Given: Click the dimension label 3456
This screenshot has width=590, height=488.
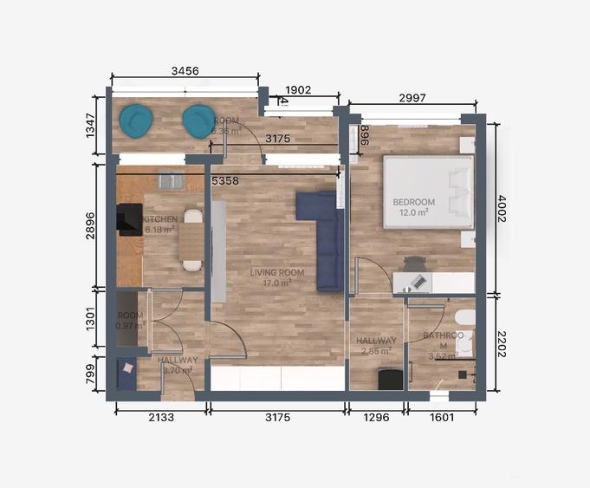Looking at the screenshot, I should (x=185, y=70).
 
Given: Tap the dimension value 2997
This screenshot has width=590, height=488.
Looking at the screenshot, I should (x=412, y=98).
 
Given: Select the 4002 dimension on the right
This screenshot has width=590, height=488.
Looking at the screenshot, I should (x=501, y=209).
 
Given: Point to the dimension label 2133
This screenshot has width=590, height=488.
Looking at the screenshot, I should (x=159, y=417).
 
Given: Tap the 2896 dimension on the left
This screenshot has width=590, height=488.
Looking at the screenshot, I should (x=100, y=227).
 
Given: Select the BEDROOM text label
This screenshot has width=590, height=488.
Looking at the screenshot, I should (x=413, y=202).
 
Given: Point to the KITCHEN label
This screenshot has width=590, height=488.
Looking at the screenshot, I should (x=161, y=220).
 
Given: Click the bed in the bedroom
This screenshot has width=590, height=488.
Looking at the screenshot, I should (x=429, y=192).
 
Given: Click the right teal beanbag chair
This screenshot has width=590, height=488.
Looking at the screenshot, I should (x=198, y=120).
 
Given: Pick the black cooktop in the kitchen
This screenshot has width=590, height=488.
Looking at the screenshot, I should (x=129, y=219).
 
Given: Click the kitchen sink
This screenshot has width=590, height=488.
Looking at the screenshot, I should (x=171, y=180).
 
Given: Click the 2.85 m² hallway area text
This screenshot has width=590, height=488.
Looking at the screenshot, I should (x=375, y=351).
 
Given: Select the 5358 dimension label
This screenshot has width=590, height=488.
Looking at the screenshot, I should (x=226, y=182).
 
